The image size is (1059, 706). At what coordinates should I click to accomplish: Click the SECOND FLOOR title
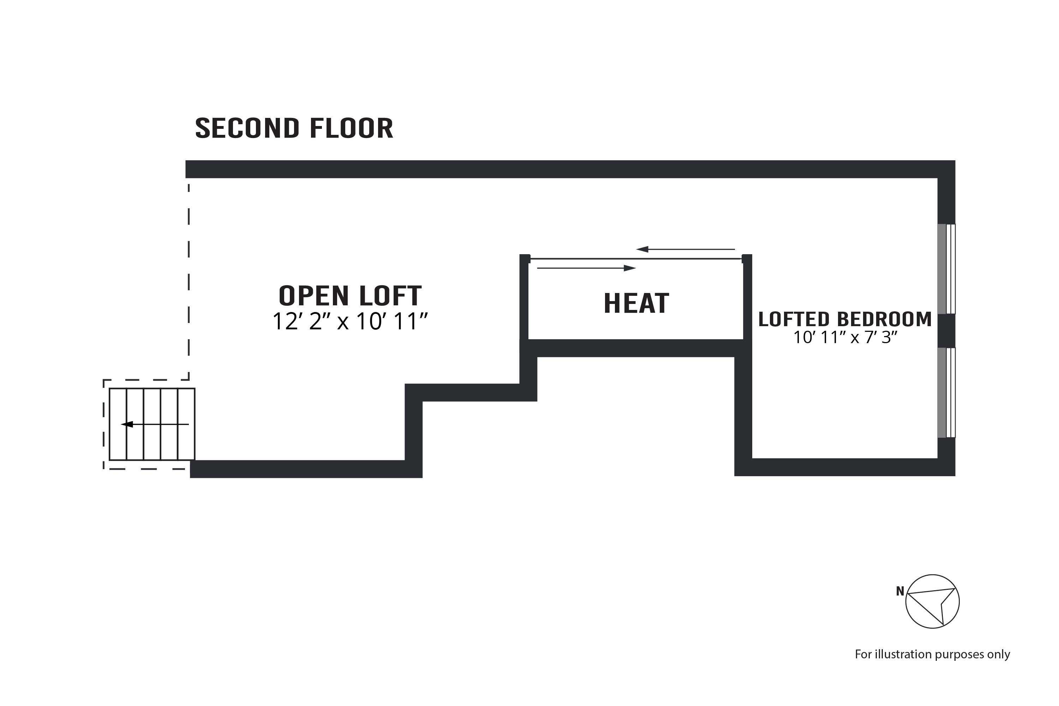pos(294,128)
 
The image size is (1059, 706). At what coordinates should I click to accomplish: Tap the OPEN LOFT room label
pos(350,296)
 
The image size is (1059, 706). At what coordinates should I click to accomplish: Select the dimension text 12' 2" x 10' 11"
pos(350,322)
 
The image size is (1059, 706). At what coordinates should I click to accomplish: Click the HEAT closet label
pos(636,304)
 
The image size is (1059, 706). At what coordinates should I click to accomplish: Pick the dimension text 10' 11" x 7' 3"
pos(845,337)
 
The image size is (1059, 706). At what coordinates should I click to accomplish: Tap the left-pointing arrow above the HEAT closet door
pos(685,249)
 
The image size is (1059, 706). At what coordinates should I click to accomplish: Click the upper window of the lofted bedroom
pos(946,269)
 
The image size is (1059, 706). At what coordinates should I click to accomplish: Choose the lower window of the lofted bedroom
pos(946,392)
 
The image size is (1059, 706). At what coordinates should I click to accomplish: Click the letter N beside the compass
pos(899,591)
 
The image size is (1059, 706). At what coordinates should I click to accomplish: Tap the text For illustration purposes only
pos(932,654)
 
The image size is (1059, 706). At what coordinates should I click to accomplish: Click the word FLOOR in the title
pos(351,128)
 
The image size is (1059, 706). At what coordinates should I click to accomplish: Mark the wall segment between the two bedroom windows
pos(946,330)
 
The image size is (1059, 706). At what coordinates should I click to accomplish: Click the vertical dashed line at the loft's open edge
pos(189,279)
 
